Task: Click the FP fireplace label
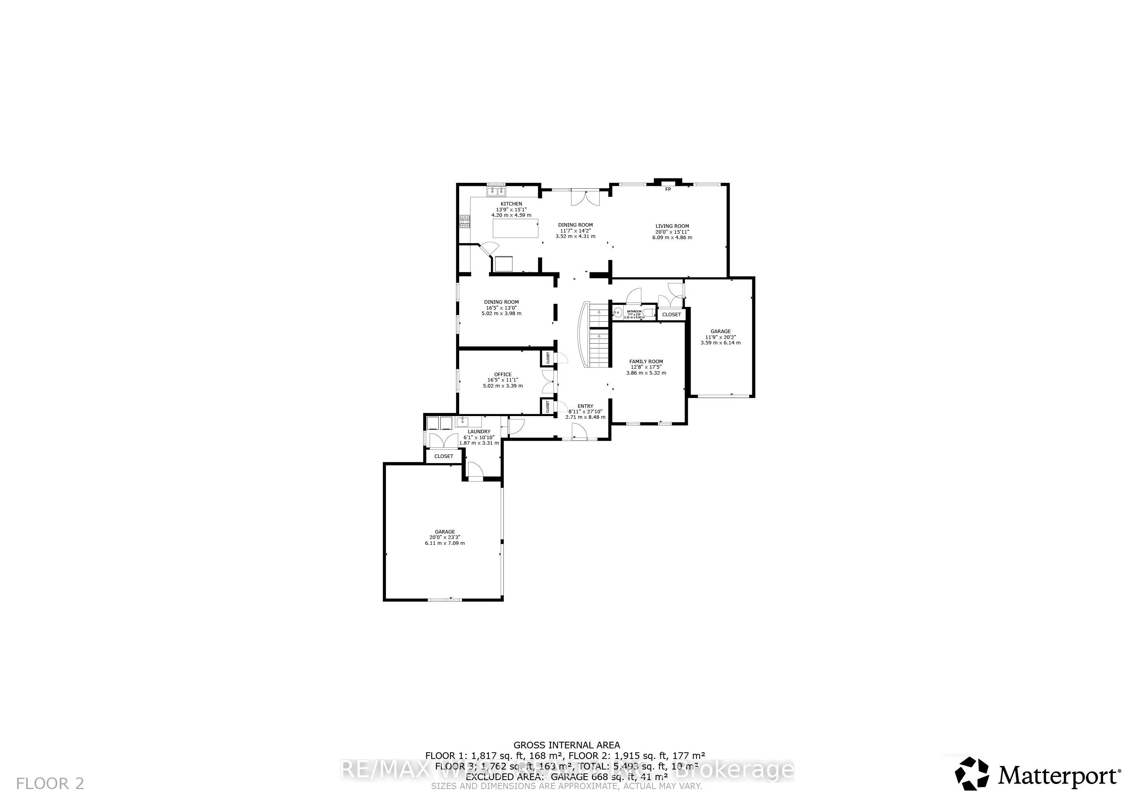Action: point(668,189)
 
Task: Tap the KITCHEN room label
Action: point(511,204)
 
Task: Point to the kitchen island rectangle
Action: point(515,228)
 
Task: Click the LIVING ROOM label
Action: point(672,226)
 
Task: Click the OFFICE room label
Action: point(503,374)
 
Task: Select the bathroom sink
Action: point(617,312)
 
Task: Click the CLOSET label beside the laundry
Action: point(444,456)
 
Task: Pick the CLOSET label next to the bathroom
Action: point(671,315)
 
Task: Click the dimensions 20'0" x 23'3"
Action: point(445,537)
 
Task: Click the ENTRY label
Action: point(585,406)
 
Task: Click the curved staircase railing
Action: point(583,334)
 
